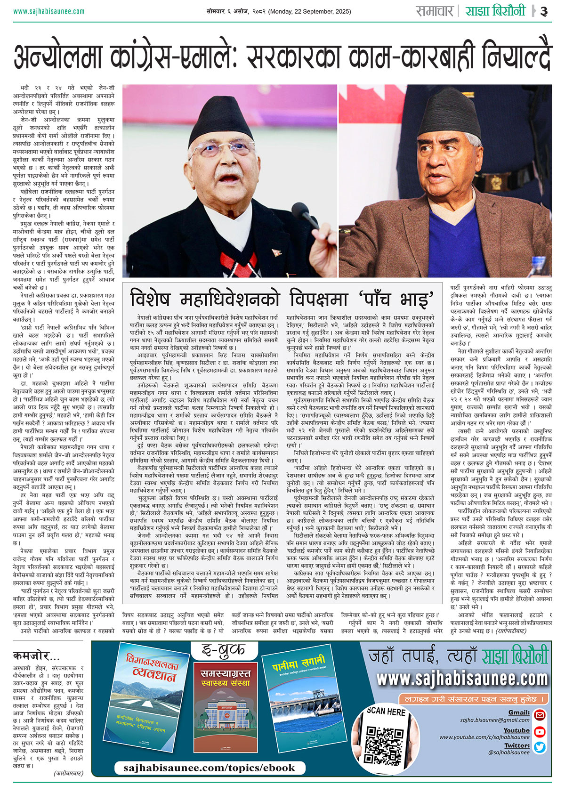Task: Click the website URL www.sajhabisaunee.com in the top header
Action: coord(49,11)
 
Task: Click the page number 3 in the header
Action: coord(544,12)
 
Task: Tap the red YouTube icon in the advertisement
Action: coord(540,732)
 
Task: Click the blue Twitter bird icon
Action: coord(540,747)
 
